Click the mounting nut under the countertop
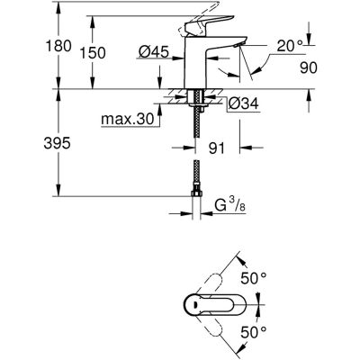pyautogui.click(x=195, y=103)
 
